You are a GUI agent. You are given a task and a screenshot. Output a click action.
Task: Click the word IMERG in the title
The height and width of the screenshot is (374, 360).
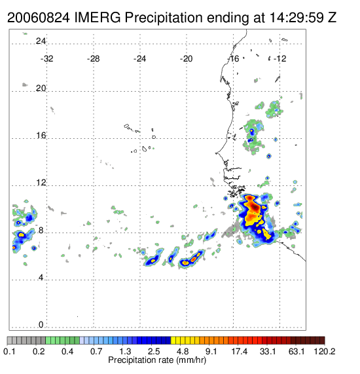(x=98, y=18)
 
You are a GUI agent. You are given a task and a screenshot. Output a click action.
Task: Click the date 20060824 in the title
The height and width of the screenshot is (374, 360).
(x=39, y=18)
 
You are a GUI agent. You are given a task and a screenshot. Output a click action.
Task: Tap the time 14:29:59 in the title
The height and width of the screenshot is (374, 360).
(x=297, y=18)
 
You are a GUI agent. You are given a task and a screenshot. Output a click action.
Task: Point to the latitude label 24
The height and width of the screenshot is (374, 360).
(x=41, y=41)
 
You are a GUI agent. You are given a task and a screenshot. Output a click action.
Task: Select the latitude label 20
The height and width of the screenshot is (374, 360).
(x=41, y=88)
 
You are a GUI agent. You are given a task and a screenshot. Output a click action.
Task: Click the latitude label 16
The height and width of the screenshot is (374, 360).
(x=41, y=136)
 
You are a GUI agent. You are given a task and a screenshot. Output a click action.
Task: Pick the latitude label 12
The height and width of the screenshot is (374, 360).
(x=41, y=183)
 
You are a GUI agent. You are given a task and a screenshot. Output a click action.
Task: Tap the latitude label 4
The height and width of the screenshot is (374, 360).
(x=41, y=278)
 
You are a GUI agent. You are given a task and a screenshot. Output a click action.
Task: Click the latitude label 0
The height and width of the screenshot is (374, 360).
(x=41, y=325)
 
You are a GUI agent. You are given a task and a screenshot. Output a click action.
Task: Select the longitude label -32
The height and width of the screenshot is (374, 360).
(x=46, y=59)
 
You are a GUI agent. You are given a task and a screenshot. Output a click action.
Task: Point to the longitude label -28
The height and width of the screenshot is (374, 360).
(x=93, y=59)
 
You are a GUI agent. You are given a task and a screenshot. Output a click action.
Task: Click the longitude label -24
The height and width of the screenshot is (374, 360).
(x=139, y=59)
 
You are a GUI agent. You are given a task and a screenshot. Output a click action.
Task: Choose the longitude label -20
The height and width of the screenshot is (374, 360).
(x=186, y=59)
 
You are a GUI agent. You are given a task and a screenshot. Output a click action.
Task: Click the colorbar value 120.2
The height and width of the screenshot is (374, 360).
(x=324, y=351)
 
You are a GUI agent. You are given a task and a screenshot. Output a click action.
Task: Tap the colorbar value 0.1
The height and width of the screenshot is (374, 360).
(x=9, y=351)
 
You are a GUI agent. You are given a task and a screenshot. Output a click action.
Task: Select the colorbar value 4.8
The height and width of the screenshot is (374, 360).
(x=182, y=351)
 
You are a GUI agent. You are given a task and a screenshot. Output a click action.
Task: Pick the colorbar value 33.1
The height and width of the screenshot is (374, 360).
(x=268, y=351)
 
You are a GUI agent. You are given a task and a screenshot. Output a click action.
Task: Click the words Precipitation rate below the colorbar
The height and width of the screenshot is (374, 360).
(x=141, y=360)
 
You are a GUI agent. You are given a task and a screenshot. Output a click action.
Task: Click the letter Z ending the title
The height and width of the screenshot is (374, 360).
(x=333, y=18)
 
